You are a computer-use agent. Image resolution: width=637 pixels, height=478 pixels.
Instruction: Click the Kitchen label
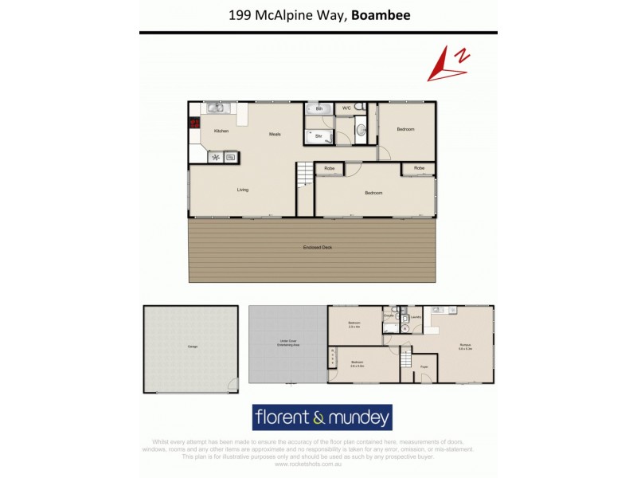(x=221, y=131)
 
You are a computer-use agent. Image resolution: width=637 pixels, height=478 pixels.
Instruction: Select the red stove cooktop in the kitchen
(x=193, y=123)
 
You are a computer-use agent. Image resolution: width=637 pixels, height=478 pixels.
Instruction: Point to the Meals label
(x=275, y=134)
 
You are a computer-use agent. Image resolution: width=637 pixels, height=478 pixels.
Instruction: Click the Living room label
(x=243, y=190)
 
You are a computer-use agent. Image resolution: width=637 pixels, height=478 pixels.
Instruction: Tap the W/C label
(x=346, y=108)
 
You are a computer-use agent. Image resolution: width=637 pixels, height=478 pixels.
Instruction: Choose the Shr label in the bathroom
(x=318, y=137)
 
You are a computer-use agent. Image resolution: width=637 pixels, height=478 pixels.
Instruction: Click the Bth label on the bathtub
(x=318, y=108)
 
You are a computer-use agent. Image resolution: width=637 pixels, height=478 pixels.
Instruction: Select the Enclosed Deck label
(x=317, y=248)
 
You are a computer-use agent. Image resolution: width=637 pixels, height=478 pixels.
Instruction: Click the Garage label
(x=192, y=347)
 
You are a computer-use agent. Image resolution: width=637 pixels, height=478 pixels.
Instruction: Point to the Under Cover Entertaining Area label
(x=287, y=343)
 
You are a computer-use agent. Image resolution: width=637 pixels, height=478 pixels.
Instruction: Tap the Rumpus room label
(x=466, y=347)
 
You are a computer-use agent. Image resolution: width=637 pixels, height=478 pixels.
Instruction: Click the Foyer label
(x=424, y=367)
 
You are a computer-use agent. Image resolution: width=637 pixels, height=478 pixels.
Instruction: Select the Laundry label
(x=416, y=316)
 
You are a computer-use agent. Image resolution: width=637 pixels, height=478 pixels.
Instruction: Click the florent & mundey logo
(x=322, y=417)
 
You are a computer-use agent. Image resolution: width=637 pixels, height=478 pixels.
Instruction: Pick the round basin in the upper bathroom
(x=360, y=130)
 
